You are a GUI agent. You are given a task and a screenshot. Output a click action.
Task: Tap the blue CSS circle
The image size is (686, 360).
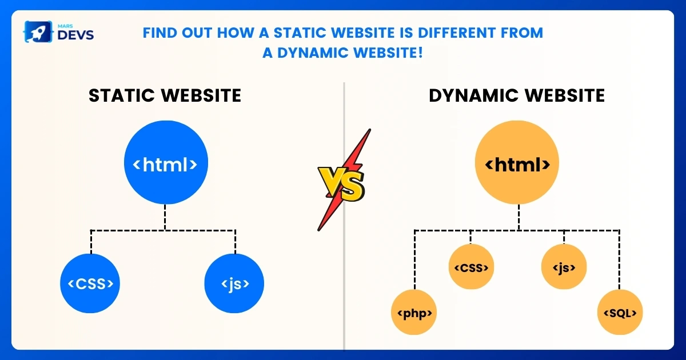(90, 283)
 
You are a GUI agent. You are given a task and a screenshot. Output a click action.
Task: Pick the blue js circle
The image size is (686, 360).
(234, 283)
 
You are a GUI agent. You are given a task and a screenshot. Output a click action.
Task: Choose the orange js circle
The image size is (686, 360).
(564, 267)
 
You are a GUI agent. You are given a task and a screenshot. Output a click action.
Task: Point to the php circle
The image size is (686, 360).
(414, 313)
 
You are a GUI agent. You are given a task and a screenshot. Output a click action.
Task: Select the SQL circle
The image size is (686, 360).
(620, 313)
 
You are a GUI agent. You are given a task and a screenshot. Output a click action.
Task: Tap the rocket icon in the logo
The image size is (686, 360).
(35, 32)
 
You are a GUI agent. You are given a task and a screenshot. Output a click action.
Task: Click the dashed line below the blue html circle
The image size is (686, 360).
(165, 218)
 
